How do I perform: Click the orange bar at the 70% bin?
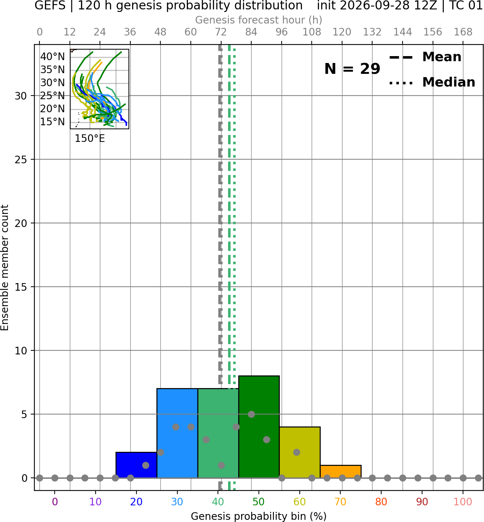[x=340, y=471]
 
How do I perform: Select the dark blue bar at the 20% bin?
[x=136, y=465]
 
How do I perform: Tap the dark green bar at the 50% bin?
[x=259, y=427]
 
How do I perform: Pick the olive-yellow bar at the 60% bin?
[x=300, y=452]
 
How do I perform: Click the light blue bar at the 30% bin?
[x=177, y=433]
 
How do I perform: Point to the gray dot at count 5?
[x=251, y=414]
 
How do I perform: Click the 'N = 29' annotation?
[x=352, y=69]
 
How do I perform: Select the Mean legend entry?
[x=425, y=57]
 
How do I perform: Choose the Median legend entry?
[x=432, y=82]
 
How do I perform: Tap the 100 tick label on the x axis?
[x=463, y=502]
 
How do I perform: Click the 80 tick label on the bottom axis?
[x=381, y=502]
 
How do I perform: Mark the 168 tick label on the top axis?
[x=463, y=32]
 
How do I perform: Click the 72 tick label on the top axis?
[x=221, y=32]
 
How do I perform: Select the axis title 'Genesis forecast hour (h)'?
[x=259, y=20]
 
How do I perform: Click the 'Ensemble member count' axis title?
[x=4, y=268]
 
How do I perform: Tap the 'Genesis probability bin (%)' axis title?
[x=259, y=516]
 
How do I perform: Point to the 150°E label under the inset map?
[x=90, y=139]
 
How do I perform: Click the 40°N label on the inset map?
[x=52, y=56]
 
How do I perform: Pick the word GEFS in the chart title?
[x=50, y=5]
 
